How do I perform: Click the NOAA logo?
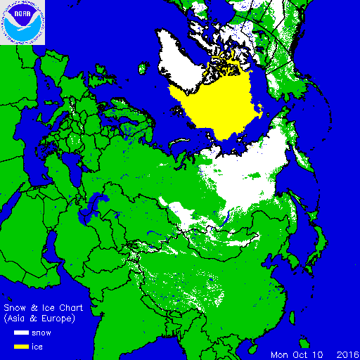[x=22, y=22]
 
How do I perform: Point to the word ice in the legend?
[x=44, y=345]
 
